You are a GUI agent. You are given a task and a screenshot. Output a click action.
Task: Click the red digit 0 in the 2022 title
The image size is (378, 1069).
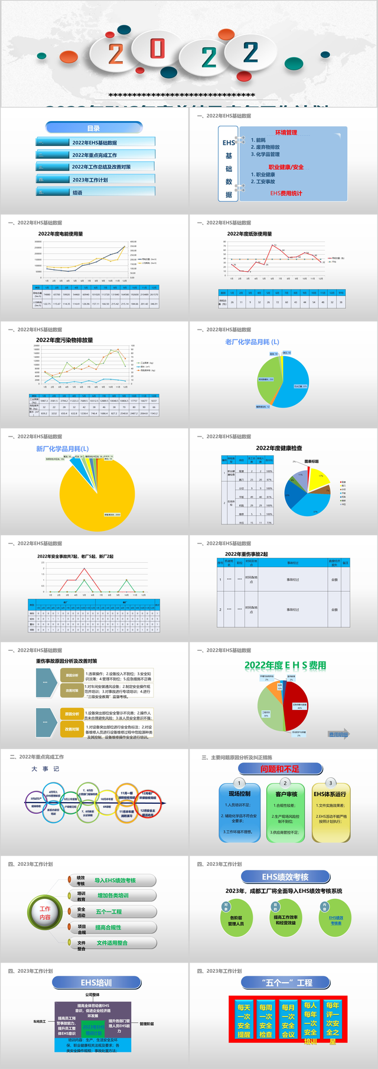point(157,49)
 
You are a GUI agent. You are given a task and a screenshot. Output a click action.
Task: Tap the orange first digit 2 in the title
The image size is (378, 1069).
point(116,54)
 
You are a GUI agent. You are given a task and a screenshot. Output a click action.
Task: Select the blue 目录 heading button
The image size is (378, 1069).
point(94,128)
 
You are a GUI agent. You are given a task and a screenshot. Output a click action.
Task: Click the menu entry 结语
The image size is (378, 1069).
point(77,193)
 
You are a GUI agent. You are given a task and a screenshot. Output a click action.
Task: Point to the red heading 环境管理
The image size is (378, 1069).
point(286,133)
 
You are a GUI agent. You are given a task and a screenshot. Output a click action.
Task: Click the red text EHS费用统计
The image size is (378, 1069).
point(286,193)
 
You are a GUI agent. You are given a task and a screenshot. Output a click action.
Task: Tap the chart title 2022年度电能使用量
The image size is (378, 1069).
point(61,234)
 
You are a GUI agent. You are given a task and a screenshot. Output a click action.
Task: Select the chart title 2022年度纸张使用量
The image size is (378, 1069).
point(250,234)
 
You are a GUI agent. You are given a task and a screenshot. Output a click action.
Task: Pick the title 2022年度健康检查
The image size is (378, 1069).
point(279,448)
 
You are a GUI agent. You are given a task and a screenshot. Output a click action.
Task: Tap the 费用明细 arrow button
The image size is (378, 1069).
point(338,735)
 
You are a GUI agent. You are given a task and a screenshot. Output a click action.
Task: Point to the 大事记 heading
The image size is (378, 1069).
point(45,769)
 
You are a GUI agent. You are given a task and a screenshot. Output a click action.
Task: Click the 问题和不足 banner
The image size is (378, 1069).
point(280,769)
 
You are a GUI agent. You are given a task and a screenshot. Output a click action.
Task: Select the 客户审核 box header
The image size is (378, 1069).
point(286,794)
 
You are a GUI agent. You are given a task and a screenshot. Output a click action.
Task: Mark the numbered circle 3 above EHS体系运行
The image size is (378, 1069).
point(330,783)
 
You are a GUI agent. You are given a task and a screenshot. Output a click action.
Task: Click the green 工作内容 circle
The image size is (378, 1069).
point(45,912)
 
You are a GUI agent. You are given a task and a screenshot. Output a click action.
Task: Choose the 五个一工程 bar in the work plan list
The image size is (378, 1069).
point(109,912)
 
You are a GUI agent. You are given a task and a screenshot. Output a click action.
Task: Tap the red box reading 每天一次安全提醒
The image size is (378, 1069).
point(244,1020)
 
